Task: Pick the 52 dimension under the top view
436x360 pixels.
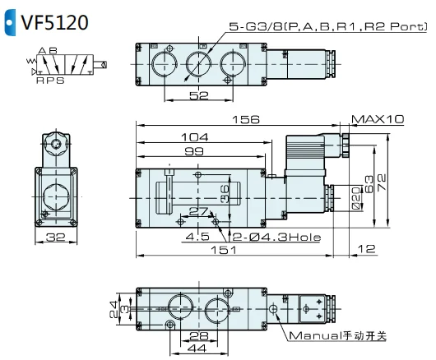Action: point(197,96)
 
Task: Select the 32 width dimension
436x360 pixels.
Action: point(56,238)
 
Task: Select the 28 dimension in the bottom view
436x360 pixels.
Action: point(197,336)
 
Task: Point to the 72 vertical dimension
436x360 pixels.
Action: point(383,179)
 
